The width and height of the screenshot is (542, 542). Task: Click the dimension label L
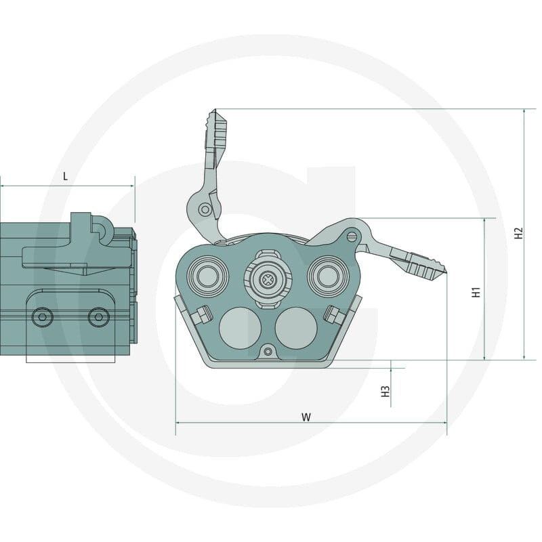click(65, 177)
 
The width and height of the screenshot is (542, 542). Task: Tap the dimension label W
click(306, 417)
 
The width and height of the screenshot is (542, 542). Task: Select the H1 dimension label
click(476, 292)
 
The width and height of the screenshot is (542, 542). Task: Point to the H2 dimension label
click(518, 233)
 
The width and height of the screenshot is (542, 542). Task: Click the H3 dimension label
click(385, 392)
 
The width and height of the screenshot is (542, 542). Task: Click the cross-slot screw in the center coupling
click(268, 278)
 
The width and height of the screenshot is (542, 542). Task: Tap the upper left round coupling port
click(208, 276)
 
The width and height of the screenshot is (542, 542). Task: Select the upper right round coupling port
click(328, 276)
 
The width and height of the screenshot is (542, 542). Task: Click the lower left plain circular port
click(240, 328)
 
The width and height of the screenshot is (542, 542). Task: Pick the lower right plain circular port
click(296, 328)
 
